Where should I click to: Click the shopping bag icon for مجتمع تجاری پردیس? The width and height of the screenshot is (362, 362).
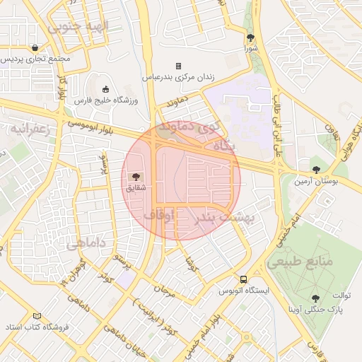click(35, 47)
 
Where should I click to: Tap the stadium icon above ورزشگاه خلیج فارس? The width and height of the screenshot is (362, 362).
click(106, 89)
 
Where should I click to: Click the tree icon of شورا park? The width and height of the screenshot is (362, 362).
click(250, 37)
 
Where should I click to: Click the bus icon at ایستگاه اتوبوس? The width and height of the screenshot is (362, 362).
click(243, 279)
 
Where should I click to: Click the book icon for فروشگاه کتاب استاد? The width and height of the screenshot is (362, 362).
click(37, 316)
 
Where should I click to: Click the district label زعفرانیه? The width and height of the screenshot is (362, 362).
click(27, 130)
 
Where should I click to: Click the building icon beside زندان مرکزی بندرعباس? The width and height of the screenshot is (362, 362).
click(178, 65)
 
